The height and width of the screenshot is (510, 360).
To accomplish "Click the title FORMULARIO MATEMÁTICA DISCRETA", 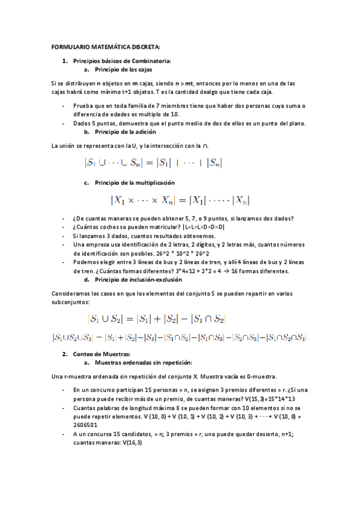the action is point(106,47).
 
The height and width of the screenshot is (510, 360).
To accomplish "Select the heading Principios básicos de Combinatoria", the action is point(122,61).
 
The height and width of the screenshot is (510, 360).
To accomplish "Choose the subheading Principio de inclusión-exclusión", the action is point(139,280).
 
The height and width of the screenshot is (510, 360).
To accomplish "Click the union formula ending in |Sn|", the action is point(154,162).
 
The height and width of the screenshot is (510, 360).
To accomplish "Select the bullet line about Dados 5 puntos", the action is point(189,123).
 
